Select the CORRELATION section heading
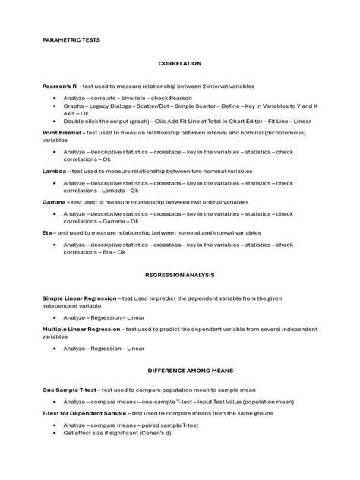click(180, 65)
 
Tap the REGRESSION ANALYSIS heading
click(180, 274)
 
